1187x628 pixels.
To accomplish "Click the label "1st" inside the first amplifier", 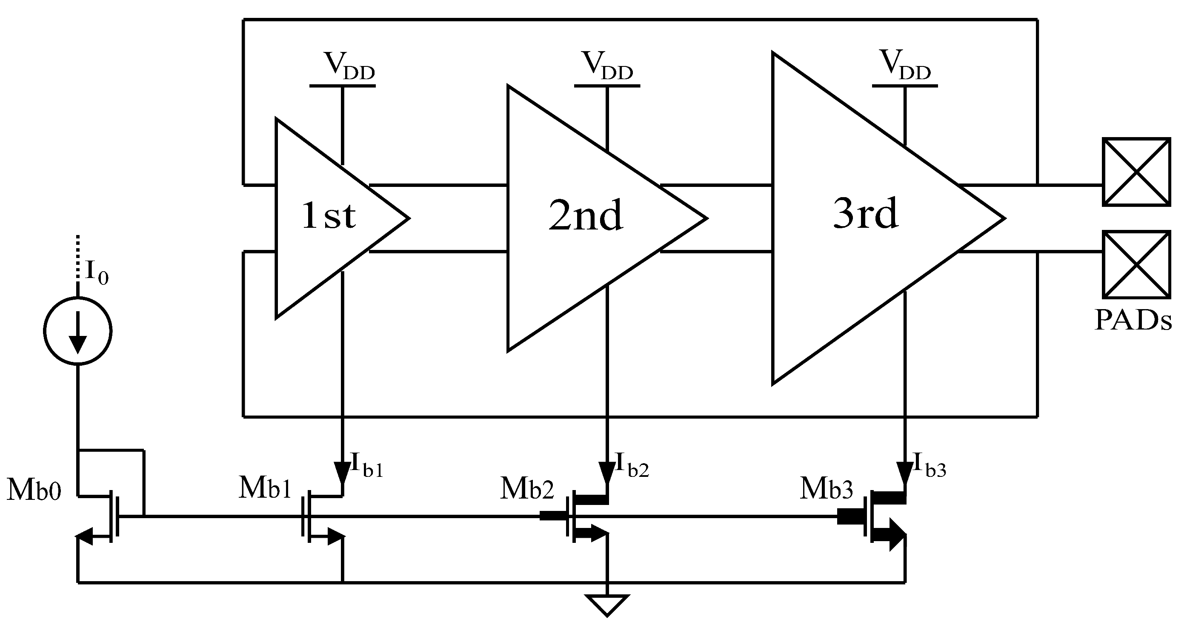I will click(329, 216).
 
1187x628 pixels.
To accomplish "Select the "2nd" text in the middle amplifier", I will click(586, 216).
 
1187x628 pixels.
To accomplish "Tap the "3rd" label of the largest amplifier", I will click(865, 214).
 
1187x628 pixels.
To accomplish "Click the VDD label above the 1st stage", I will click(349, 66).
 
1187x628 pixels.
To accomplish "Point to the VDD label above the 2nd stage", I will click(607, 66).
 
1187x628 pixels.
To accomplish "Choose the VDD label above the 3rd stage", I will click(905, 66).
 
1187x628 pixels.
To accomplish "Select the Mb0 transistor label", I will click(34, 490).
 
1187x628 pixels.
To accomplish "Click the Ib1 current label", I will click(366, 465).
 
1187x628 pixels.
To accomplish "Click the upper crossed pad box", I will click(1136, 172).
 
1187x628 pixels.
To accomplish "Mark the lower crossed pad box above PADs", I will click(1136, 265).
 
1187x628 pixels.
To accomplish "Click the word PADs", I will click(1133, 320).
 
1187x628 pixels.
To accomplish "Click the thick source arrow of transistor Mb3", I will click(892, 535).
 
